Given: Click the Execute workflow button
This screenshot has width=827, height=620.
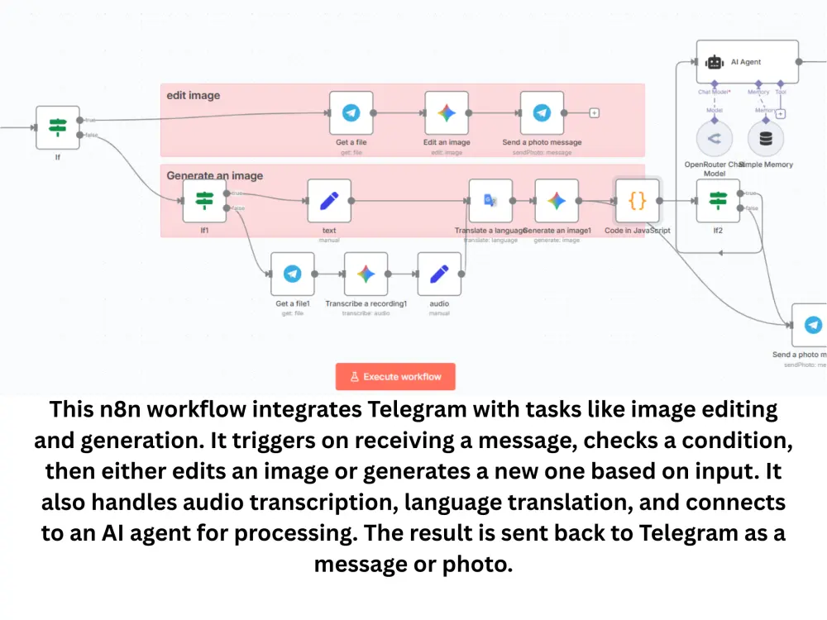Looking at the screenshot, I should point(395,376).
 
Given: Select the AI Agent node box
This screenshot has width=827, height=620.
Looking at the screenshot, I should point(747,62).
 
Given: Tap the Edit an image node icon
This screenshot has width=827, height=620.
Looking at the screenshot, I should point(447,113).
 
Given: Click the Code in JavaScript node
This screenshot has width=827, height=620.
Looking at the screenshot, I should point(637,200).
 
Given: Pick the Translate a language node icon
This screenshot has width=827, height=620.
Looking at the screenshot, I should point(490,200).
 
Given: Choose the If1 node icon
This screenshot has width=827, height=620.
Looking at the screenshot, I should point(204,200).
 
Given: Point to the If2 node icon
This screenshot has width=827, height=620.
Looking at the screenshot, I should point(718,200).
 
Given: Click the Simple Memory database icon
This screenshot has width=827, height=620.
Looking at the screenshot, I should point(766,138).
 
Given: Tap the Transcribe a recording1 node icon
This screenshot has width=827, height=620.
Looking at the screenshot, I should point(366,274).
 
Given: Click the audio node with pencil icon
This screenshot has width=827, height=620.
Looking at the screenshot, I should point(439,274).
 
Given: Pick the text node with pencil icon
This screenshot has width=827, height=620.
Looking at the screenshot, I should point(329,200).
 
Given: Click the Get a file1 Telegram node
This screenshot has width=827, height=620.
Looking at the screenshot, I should point(293,274).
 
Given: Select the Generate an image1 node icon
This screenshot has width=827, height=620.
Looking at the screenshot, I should point(557,200).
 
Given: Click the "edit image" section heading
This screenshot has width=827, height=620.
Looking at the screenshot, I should point(194,95).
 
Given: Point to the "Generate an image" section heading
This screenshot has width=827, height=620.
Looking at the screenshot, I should point(215,175).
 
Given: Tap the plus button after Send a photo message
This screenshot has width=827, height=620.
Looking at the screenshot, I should point(594,113).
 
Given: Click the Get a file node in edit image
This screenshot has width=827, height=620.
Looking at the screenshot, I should point(351,113).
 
